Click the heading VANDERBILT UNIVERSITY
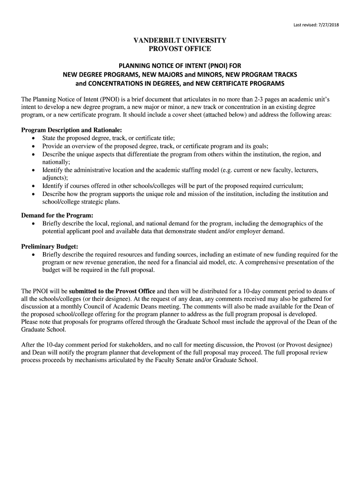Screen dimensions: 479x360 tap(180, 41)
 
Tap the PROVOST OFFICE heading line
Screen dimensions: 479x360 tap(180, 49)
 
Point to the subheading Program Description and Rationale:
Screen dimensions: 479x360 tap(72, 130)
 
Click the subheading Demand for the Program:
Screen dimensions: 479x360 tap(58, 216)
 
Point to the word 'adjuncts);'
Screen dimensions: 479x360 tap(55, 178)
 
